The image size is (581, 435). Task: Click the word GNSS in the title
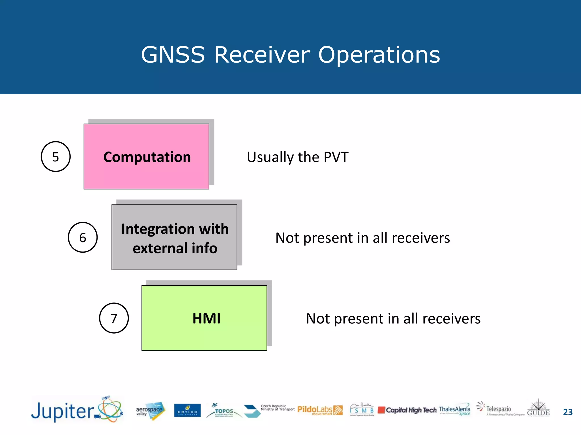[173, 55]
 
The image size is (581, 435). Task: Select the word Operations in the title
[379, 55]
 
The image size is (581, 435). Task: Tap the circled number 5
[56, 157]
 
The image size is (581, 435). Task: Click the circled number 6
[83, 237]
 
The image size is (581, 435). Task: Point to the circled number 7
[114, 318]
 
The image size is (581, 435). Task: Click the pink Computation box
[146, 157]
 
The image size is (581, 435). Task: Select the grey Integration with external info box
[174, 237]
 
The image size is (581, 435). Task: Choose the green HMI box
[204, 318]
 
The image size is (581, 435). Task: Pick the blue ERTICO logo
[187, 411]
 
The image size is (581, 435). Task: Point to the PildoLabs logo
[320, 410]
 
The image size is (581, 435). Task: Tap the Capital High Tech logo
[407, 410]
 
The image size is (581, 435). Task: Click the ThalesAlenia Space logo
[454, 410]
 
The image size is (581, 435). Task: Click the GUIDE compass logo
[538, 408]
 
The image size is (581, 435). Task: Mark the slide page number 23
[568, 412]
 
